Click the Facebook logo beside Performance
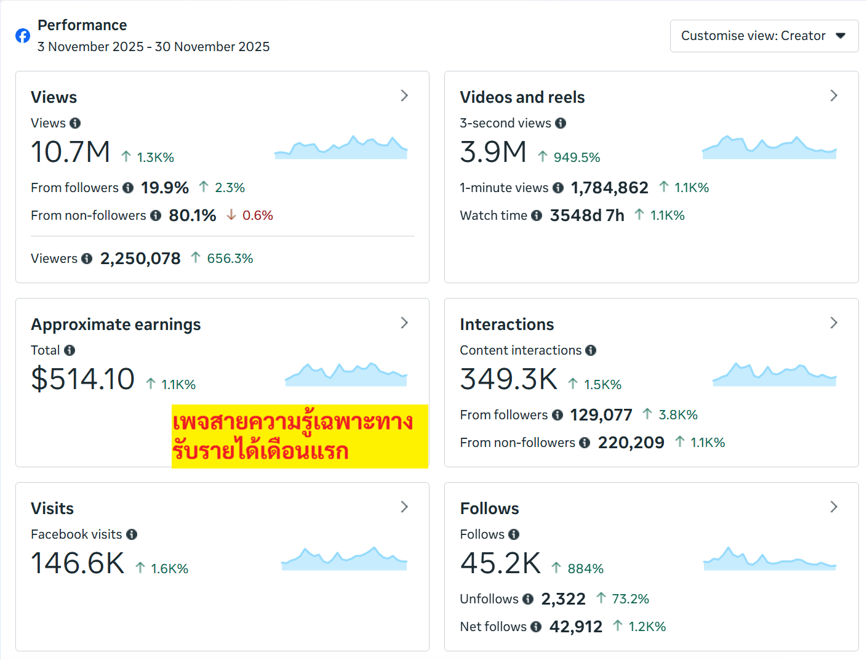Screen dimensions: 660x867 coord(23,36)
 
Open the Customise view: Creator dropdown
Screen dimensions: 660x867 coord(764,36)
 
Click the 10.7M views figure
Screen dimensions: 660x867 coord(70,152)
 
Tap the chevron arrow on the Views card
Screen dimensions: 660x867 coord(404,95)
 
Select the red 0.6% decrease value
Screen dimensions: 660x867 coord(257,215)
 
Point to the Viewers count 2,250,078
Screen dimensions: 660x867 coord(140,259)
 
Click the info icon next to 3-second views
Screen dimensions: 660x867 coord(561,123)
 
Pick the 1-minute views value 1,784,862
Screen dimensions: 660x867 coord(609,188)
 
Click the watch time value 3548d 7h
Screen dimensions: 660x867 coord(587,215)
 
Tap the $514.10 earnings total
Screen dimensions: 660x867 coord(83,379)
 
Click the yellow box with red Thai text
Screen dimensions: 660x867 coord(300,437)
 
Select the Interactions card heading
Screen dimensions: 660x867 coord(506,324)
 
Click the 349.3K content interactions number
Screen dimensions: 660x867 coord(508,379)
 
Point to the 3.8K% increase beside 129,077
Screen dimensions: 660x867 coord(677,415)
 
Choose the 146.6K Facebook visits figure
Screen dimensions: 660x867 coord(78,563)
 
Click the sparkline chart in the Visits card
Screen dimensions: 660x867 coord(344,558)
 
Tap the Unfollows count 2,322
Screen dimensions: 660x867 coord(563,599)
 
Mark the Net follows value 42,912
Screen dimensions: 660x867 coord(575,627)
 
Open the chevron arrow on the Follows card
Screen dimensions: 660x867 coord(834,507)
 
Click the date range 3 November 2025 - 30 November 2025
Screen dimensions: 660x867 coord(153,47)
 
